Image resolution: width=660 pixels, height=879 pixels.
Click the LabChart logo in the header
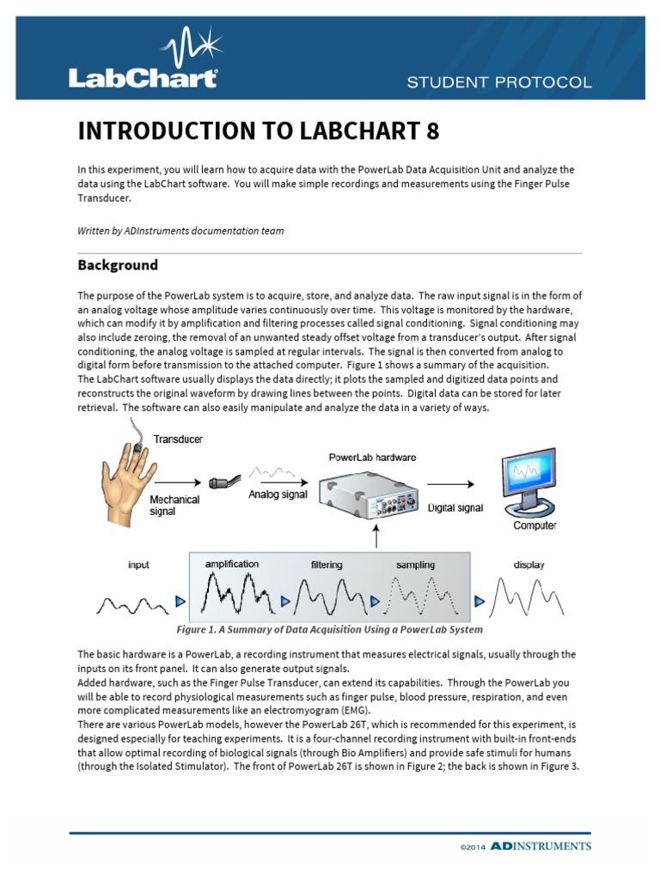(x=143, y=59)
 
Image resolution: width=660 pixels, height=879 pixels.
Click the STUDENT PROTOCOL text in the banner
(x=498, y=82)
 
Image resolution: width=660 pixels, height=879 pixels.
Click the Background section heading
(x=118, y=264)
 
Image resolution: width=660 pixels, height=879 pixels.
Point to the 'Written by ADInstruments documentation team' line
(x=180, y=230)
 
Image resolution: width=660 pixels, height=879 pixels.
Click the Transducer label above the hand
(x=178, y=439)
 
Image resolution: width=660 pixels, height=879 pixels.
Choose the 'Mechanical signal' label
(x=175, y=505)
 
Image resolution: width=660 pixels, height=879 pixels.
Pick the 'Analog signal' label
(x=278, y=494)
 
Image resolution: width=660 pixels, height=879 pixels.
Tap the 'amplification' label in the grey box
(x=231, y=564)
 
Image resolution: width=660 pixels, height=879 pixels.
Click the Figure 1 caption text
(x=329, y=629)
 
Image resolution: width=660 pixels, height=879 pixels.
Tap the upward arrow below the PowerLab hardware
(x=376, y=539)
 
